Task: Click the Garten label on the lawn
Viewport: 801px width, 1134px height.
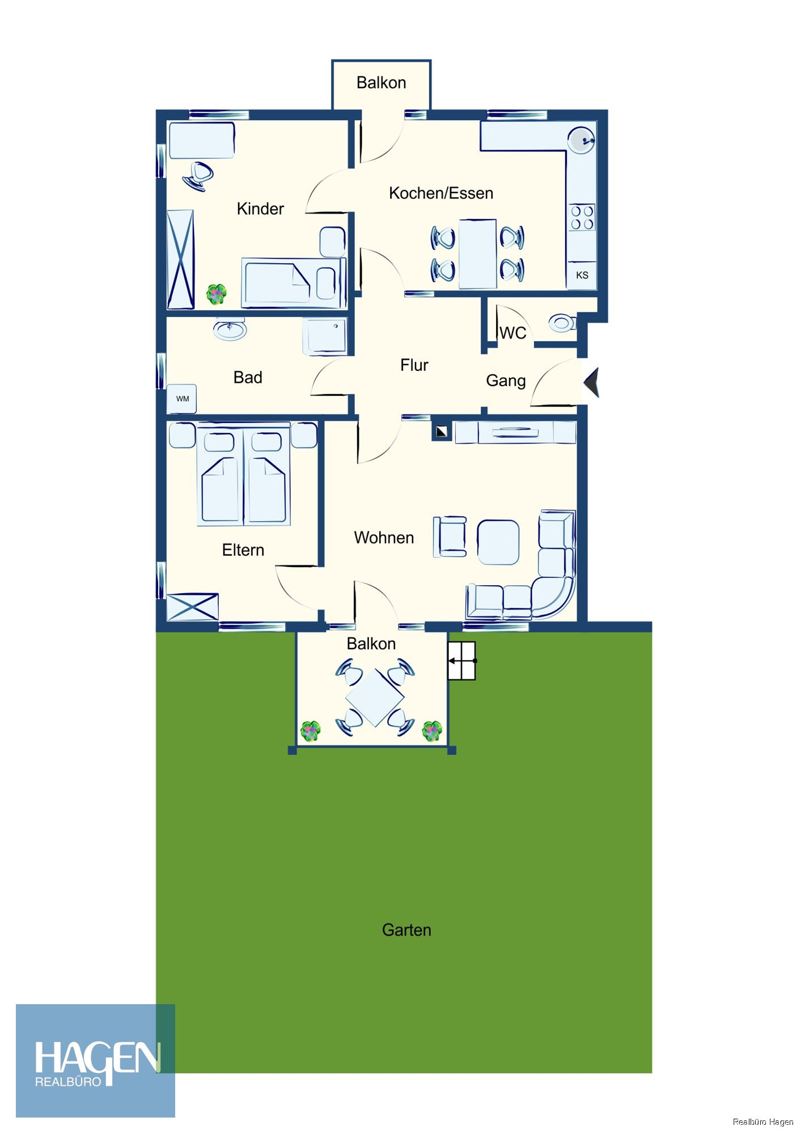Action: [x=406, y=930]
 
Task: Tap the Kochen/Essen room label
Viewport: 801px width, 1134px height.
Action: [x=441, y=193]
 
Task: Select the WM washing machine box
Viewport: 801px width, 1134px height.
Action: [x=182, y=399]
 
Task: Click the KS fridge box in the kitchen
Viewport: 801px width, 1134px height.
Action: [x=582, y=275]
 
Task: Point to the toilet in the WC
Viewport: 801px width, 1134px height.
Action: [x=562, y=323]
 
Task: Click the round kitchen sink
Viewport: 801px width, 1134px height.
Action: [x=581, y=139]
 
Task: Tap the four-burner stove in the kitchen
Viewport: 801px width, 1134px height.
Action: [x=582, y=218]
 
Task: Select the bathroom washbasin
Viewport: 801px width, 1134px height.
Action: [x=230, y=329]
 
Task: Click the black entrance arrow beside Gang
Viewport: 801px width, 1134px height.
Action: [x=591, y=382]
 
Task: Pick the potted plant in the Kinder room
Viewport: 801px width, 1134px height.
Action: [x=216, y=294]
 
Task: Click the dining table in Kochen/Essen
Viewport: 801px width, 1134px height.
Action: [x=477, y=254]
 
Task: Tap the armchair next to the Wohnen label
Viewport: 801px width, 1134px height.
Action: [x=450, y=536]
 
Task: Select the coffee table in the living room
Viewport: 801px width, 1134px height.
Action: [x=498, y=543]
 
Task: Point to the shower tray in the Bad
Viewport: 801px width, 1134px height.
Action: [x=325, y=337]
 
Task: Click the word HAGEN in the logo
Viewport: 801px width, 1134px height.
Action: [x=98, y=1059]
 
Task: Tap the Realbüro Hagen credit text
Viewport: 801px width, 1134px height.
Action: [x=763, y=1122]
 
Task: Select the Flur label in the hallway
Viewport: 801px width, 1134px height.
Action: [x=414, y=365]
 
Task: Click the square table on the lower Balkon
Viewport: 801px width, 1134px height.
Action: [x=375, y=697]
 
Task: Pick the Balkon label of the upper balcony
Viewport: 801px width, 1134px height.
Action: [x=382, y=83]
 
